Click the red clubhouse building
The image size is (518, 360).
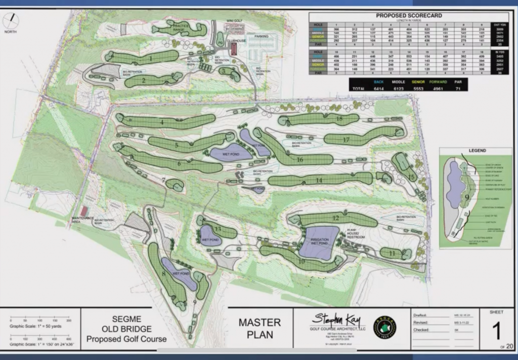pos(234,49)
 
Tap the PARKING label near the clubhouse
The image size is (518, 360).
pos(262,37)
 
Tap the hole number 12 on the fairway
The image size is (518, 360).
pos(335,218)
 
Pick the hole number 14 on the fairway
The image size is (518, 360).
pos(319,180)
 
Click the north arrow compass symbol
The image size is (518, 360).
pos(11,21)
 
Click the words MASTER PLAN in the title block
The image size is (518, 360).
pos(260,328)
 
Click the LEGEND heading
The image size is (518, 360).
pos(477,151)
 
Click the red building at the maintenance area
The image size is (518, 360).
pos(84,211)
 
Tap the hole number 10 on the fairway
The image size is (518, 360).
pos(301,261)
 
